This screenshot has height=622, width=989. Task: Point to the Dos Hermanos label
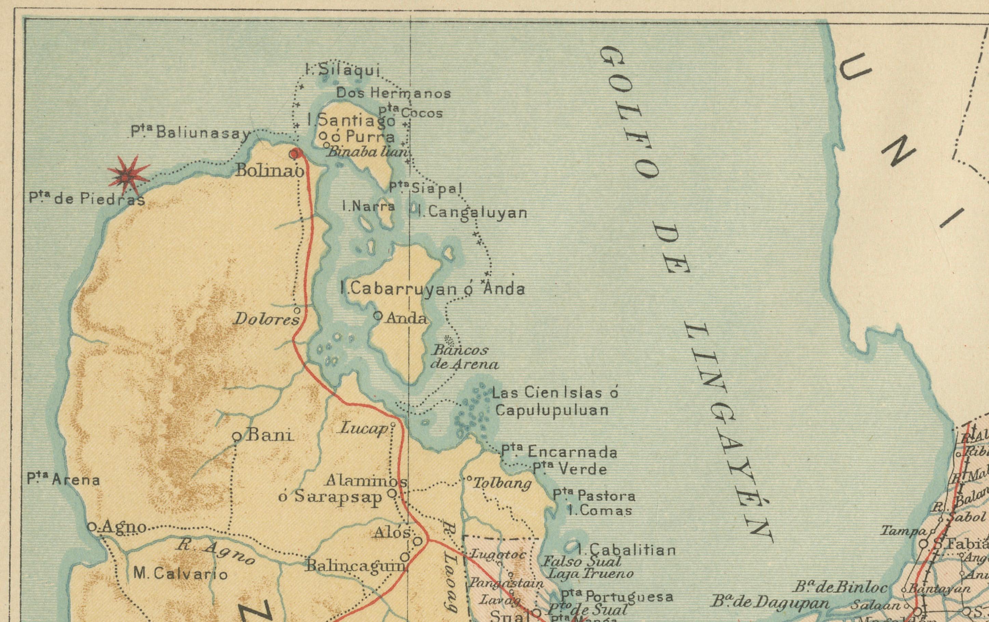click(x=393, y=93)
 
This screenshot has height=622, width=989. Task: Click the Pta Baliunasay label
click(x=191, y=132)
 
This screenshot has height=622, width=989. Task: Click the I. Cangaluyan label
click(x=472, y=213)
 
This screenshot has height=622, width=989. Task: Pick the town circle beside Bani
click(x=237, y=437)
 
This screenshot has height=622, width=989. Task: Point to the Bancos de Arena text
click(x=464, y=357)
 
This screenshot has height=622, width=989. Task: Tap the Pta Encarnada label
click(x=558, y=452)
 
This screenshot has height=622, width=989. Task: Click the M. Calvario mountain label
click(x=180, y=573)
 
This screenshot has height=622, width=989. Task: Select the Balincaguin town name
click(x=355, y=567)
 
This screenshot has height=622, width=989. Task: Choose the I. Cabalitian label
click(x=626, y=550)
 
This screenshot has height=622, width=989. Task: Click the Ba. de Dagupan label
click(x=770, y=603)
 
